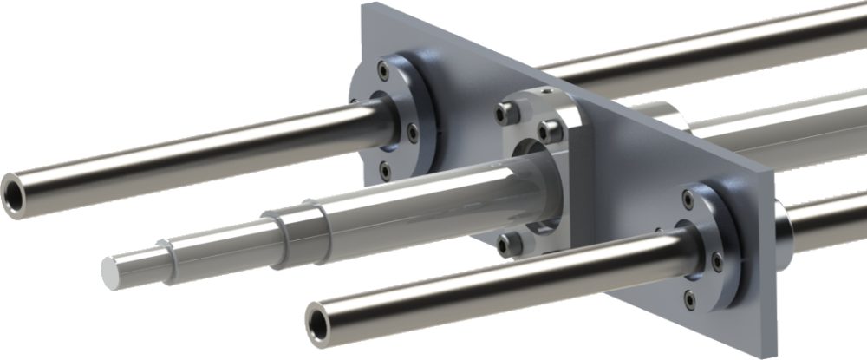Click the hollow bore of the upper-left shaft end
click(15, 186)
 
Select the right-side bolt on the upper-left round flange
click(413, 133)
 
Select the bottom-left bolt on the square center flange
click(506, 245)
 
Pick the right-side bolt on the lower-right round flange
click(717, 261)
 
